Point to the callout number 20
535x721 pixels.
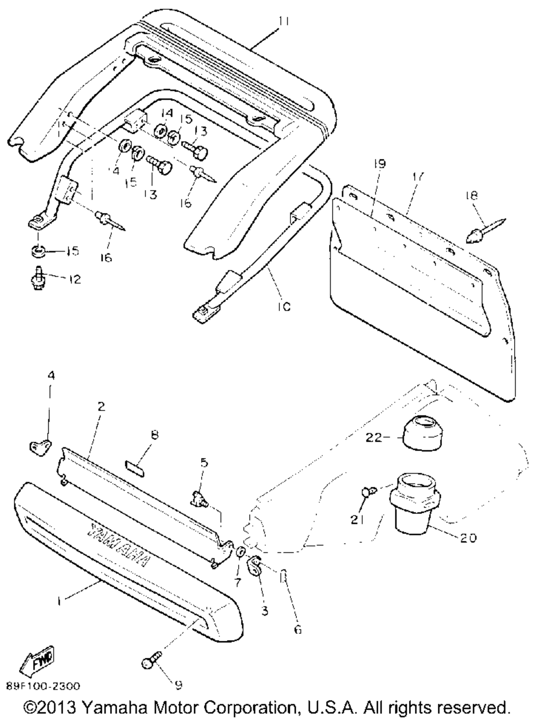click(x=468, y=538)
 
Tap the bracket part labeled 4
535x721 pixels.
click(x=40, y=445)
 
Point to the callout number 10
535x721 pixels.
click(x=284, y=307)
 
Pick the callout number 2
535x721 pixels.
click(x=101, y=406)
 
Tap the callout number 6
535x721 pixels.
click(x=298, y=629)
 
